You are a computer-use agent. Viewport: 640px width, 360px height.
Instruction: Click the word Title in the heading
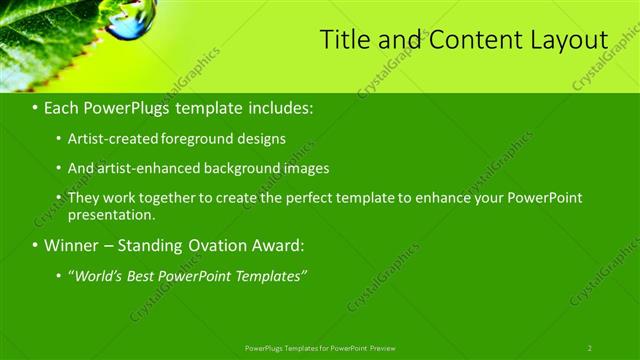click(x=342, y=39)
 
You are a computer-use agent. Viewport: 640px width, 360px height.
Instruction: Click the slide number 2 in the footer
click(x=590, y=347)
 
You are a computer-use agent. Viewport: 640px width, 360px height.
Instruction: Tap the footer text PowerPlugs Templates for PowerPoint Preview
click(x=320, y=347)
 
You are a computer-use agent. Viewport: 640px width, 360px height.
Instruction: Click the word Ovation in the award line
click(x=211, y=245)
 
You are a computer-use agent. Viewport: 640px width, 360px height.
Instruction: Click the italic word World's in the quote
click(x=98, y=275)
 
